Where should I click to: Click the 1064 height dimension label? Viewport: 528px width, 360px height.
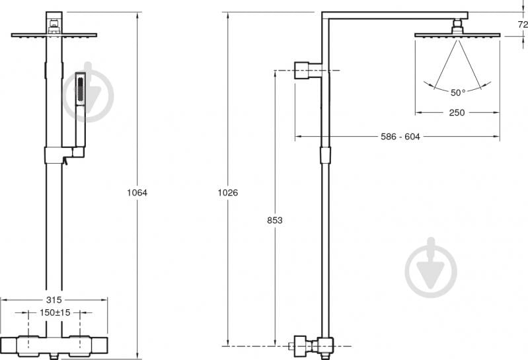(137, 192)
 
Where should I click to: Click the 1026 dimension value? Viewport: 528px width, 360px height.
(227, 192)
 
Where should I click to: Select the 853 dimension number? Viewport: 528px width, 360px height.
(275, 220)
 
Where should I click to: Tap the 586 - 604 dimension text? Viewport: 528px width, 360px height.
(400, 137)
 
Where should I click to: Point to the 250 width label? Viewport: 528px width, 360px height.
(457, 113)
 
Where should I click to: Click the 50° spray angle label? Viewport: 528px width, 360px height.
(458, 92)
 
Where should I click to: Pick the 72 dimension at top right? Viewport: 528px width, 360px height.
(523, 24)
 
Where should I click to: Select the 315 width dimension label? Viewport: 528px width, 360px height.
(54, 300)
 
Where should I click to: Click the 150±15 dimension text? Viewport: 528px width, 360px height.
(55, 312)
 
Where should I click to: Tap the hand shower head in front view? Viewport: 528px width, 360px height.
(80, 89)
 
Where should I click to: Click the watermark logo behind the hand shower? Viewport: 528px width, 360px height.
(89, 92)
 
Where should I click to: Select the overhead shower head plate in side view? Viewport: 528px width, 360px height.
(457, 35)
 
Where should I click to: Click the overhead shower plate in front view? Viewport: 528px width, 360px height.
(54, 35)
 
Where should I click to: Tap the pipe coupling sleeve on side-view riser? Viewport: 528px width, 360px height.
(325, 155)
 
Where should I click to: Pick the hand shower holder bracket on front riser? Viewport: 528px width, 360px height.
(64, 155)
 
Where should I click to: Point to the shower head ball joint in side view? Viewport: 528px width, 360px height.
(457, 26)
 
